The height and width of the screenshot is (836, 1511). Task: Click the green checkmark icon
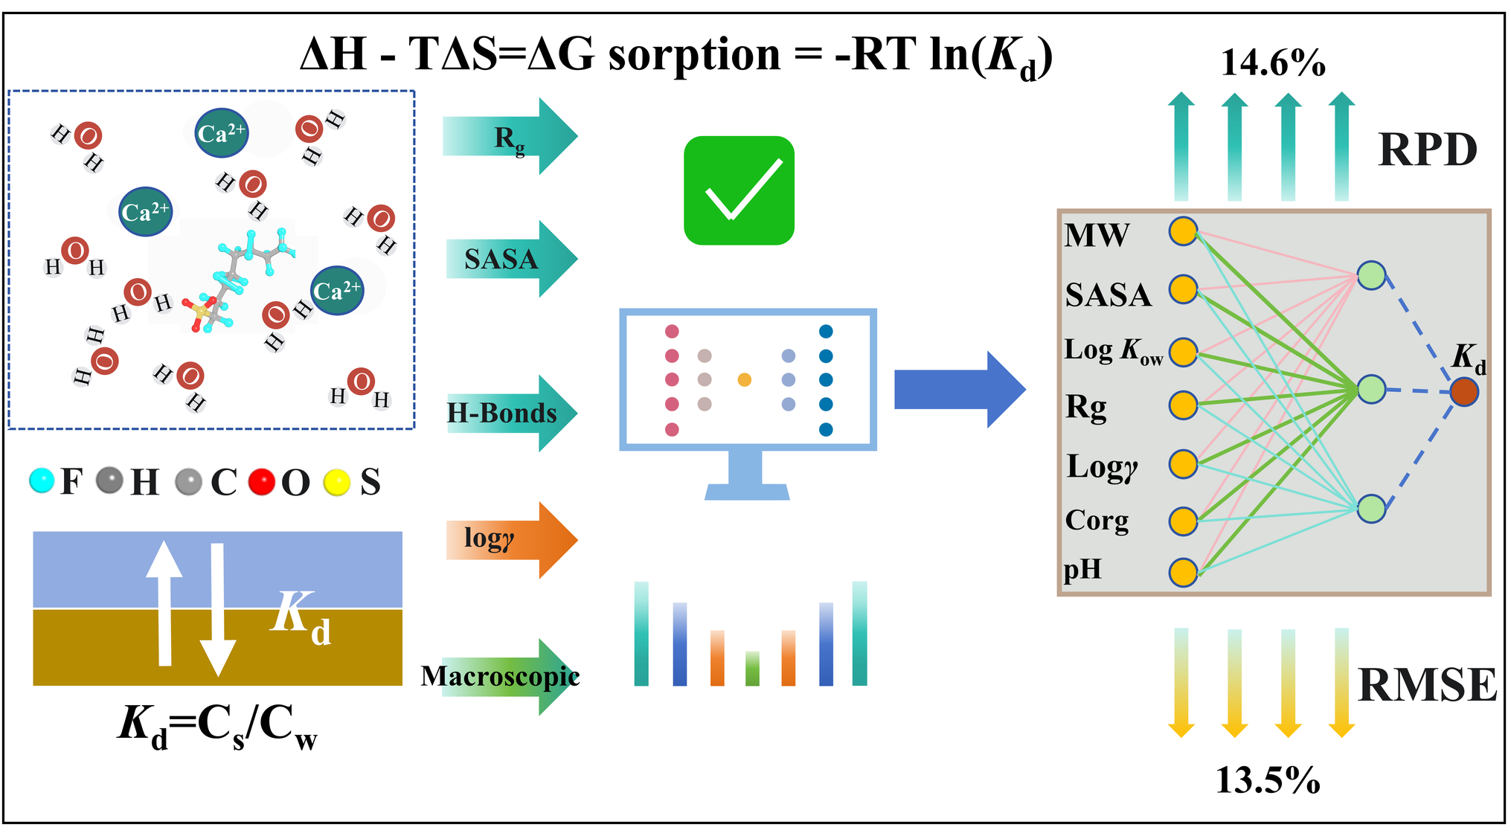739,190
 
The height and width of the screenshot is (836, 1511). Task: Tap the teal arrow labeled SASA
510,259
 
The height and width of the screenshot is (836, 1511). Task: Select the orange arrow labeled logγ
510,539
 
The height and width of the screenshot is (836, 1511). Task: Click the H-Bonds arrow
510,413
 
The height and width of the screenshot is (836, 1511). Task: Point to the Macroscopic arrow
510,677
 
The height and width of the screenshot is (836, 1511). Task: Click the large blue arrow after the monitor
959,389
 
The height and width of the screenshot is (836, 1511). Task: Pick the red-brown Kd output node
1463,391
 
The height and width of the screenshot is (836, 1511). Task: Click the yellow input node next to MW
1183,231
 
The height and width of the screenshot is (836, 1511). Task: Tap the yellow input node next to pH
1183,573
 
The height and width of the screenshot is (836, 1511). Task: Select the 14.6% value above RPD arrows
1273,63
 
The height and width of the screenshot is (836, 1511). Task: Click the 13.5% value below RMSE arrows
1267,780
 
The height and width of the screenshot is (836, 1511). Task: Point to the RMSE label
1426,685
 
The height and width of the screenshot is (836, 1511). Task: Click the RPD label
1427,150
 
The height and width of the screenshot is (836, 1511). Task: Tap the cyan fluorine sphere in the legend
42,480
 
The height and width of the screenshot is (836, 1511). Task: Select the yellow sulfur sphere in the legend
337,483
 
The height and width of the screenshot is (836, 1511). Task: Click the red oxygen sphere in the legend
262,482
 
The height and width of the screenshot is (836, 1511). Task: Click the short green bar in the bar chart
752,668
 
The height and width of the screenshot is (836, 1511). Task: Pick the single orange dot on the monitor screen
744,380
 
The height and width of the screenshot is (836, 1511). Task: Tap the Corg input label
1097,521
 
